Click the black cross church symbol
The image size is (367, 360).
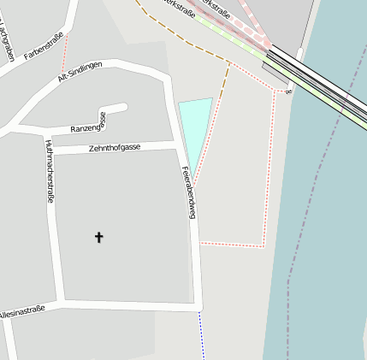98,237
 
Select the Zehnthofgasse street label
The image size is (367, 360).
114,148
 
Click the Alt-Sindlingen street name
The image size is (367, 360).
80,71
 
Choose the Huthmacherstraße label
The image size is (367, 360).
50,170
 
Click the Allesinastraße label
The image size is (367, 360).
21,312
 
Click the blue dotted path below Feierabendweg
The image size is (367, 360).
202,333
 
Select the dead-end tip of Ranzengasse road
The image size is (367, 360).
125,107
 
